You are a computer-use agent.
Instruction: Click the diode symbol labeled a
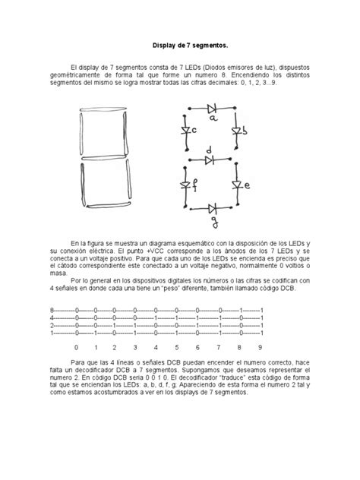coord(212,108)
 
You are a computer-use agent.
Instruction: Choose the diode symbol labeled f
coord(185,185)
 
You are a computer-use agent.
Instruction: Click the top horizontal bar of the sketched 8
coord(105,111)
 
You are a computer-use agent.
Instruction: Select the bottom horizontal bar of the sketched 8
coord(105,207)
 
